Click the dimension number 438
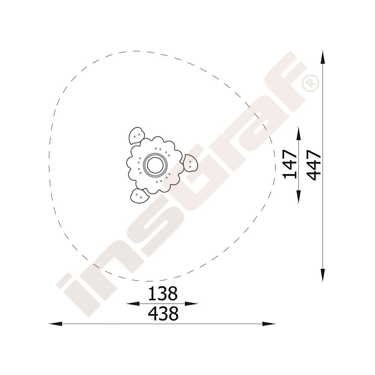[x=163, y=313]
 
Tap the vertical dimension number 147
[x=289, y=165]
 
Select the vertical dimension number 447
[x=313, y=165]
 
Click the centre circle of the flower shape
[x=156, y=165]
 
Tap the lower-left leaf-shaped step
[x=139, y=196]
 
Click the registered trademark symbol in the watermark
[x=310, y=83]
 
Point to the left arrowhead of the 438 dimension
[x=55, y=324]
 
